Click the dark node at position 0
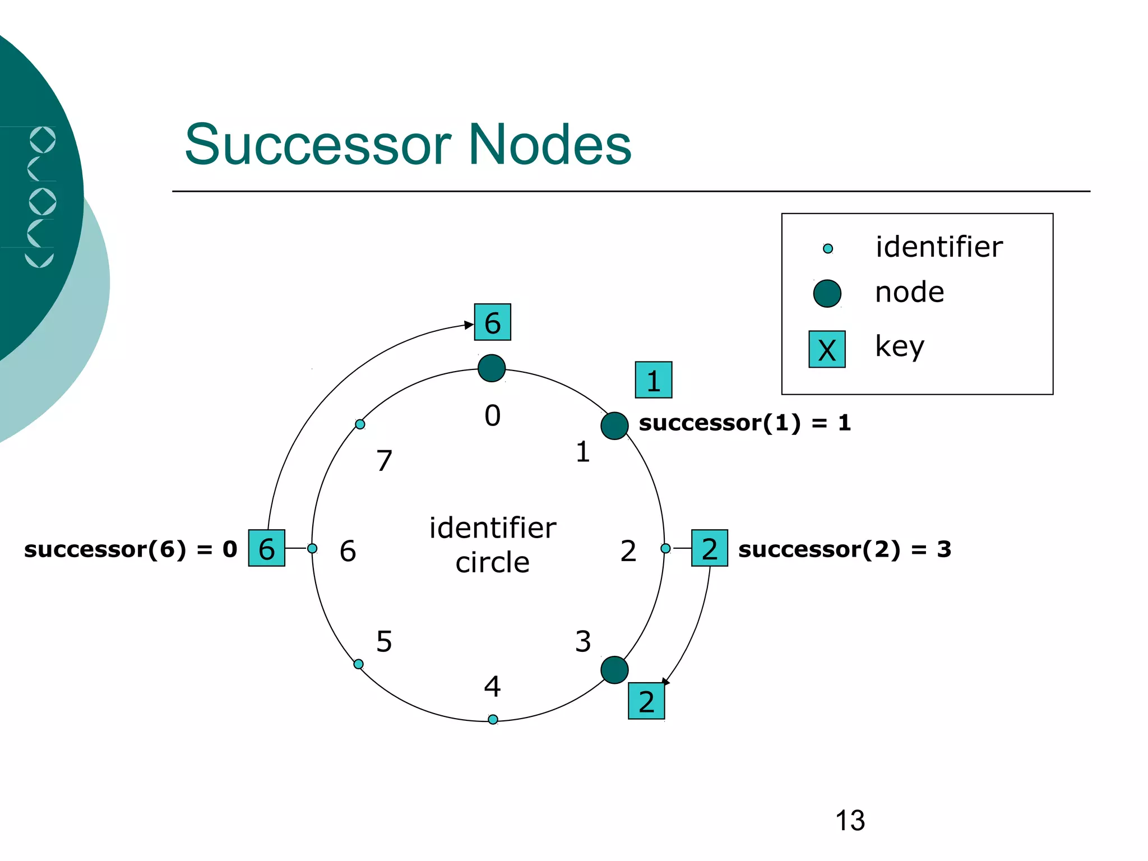[492, 368]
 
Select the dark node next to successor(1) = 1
[614, 426]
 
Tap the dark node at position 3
[614, 670]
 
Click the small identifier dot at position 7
[360, 424]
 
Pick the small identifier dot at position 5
[359, 664]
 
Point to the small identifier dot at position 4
[493, 719]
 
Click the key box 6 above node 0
[492, 322]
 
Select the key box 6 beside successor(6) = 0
[267, 548]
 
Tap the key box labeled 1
[653, 380]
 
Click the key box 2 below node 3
[646, 701]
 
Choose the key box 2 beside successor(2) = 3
[710, 548]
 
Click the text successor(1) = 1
[744, 423]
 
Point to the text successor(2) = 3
[844, 549]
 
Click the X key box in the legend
[827, 349]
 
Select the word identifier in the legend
[939, 247]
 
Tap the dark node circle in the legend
[827, 293]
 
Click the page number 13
[850, 821]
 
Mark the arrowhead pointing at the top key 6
[470, 325]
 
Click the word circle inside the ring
[492, 562]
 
